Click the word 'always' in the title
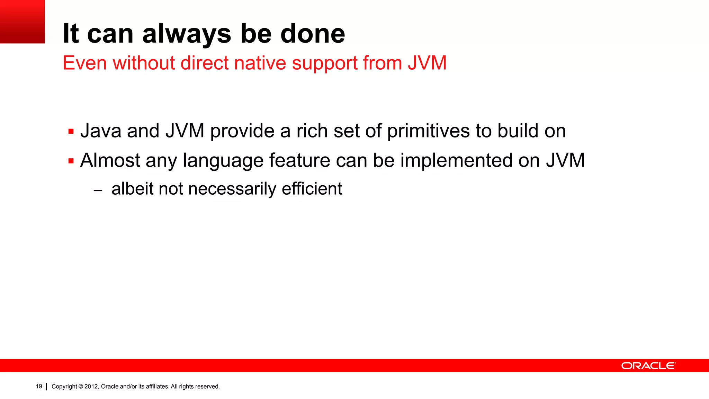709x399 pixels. tap(187, 34)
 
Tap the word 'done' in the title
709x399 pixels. tap(312, 34)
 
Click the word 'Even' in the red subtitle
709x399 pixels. tap(84, 63)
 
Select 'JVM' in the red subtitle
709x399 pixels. tap(427, 63)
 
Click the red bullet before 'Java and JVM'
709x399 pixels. tap(71, 132)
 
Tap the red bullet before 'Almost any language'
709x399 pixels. tap(71, 161)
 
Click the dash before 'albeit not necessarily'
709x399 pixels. tap(98, 190)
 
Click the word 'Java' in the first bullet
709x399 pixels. tap(101, 131)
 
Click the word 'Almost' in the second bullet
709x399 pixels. tap(110, 160)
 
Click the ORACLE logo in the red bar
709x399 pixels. tap(648, 366)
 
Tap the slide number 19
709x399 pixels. tap(39, 386)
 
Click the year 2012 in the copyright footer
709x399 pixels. tap(91, 387)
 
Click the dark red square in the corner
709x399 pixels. tap(22, 21)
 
